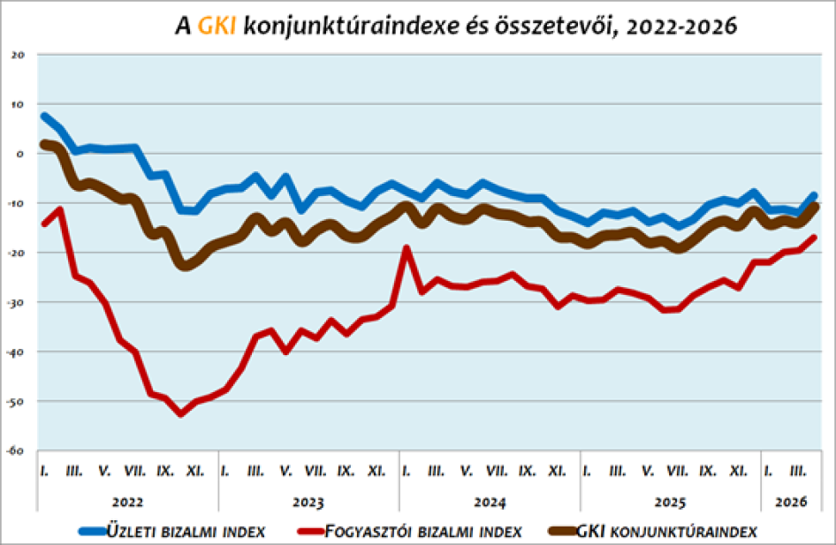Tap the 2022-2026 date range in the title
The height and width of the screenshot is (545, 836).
[680, 26]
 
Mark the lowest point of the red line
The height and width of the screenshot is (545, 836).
[180, 413]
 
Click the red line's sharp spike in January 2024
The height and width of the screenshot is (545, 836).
[407, 248]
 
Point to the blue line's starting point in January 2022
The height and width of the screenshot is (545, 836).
[44, 116]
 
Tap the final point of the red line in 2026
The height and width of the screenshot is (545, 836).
[814, 237]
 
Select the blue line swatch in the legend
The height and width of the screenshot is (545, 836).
[92, 531]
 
